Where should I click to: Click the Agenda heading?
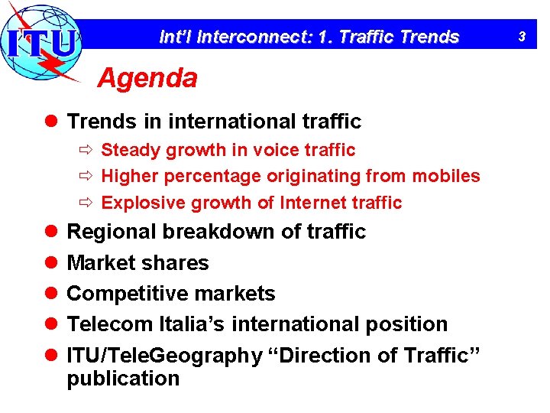click(147, 77)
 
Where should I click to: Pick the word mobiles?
click(446, 176)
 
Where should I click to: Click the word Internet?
click(322, 203)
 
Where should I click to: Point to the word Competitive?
click(122, 294)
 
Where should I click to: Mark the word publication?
click(123, 379)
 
